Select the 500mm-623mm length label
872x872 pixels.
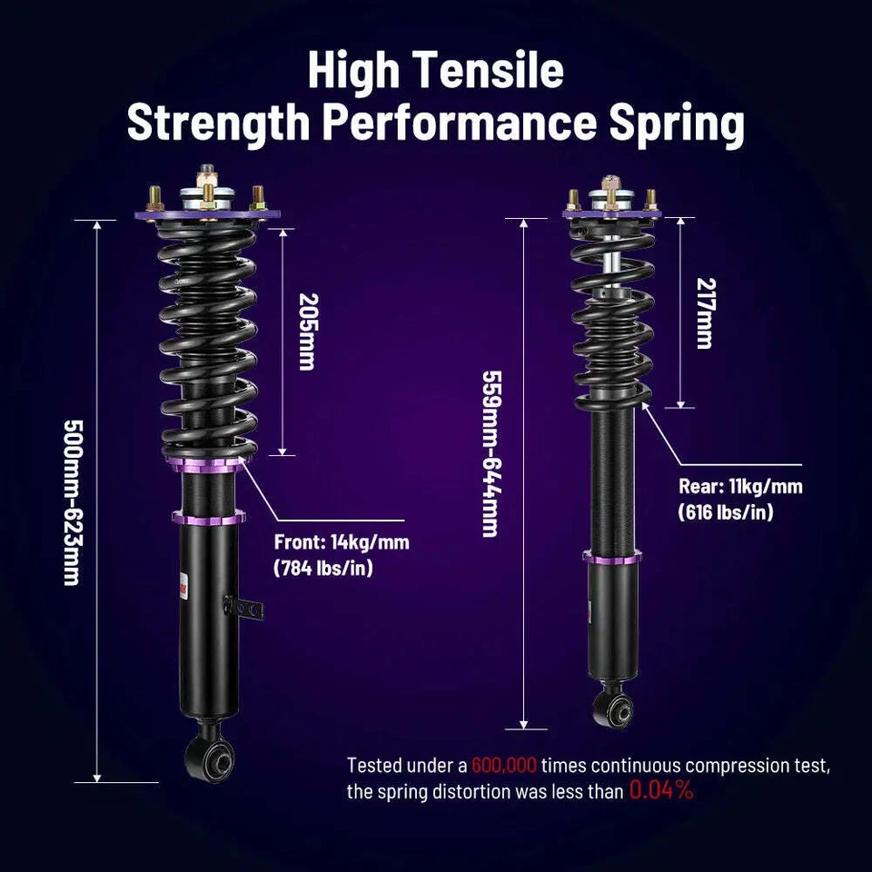coord(71,502)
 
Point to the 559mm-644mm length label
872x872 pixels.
coord(491,452)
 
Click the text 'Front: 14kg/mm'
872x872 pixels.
coord(342,543)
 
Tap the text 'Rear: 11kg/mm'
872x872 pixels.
coord(740,486)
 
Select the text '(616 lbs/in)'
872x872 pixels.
coord(726,512)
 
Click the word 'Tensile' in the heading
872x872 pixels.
coord(498,73)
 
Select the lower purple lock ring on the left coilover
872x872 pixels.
coord(209,517)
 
